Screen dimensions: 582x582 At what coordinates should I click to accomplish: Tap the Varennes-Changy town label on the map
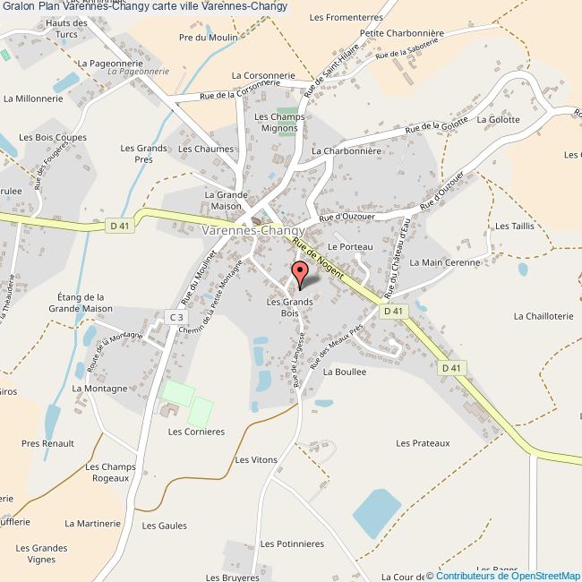252,230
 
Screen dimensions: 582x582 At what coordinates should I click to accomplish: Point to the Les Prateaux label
423,442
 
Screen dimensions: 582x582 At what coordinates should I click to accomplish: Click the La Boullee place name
345,371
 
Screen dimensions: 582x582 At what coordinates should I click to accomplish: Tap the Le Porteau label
349,245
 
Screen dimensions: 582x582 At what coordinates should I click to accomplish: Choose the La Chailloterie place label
543,315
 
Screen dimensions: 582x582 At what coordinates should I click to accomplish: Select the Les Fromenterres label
345,17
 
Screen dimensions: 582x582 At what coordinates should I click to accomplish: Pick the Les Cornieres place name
196,431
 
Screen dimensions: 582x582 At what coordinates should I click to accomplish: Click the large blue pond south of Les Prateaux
376,513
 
